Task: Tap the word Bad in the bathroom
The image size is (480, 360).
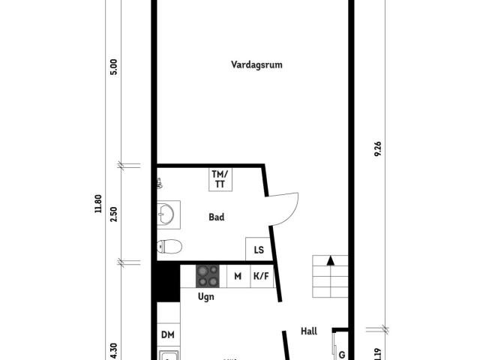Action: [217, 217]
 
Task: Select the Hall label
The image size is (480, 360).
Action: [309, 331]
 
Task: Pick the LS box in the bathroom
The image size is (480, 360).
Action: [259, 250]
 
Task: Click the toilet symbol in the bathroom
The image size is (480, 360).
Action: [169, 247]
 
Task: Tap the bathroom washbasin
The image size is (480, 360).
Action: [166, 216]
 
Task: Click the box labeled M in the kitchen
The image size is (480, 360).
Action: [238, 276]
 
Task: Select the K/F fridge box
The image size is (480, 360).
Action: [261, 276]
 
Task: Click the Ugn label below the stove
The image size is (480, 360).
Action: [205, 297]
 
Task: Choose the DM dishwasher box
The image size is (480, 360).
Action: [168, 335]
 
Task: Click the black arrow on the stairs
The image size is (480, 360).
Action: [331, 261]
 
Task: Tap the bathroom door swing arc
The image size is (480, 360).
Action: [289, 210]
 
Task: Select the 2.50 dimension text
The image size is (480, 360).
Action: [114, 213]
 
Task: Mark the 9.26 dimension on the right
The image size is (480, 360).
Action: [378, 148]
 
